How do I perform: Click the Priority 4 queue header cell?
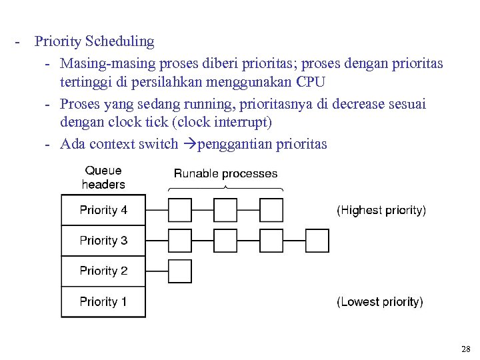tap(103, 210)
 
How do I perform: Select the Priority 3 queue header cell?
tap(103, 241)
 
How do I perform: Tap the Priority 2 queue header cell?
tap(103, 271)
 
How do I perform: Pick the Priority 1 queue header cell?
tap(103, 302)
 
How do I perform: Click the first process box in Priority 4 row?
tap(179, 210)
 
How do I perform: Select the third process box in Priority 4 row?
tap(271, 210)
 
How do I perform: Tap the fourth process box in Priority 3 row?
tap(317, 241)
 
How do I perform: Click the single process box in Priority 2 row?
tap(179, 271)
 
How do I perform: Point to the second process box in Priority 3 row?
tap(225, 241)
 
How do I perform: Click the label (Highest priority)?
tap(381, 210)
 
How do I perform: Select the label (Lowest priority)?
tap(379, 302)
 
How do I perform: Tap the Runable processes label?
tap(225, 173)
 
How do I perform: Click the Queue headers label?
tap(103, 177)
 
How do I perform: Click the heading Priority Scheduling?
tap(94, 41)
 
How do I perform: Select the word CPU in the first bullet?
tap(311, 82)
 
